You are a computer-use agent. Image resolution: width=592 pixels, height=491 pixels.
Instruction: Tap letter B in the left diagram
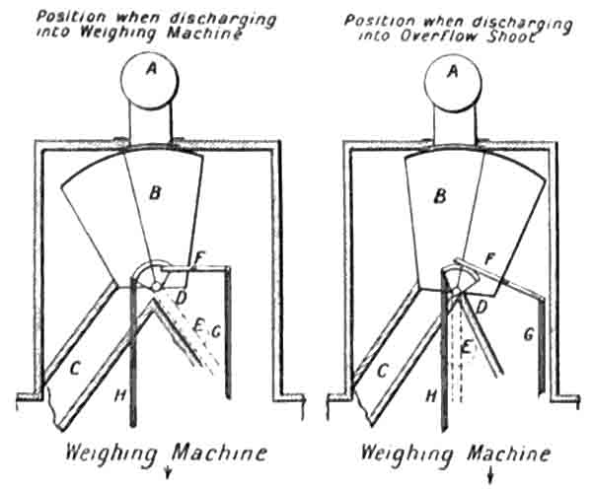[x=154, y=195]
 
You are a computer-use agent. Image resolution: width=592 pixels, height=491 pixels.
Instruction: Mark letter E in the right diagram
[x=467, y=345]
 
